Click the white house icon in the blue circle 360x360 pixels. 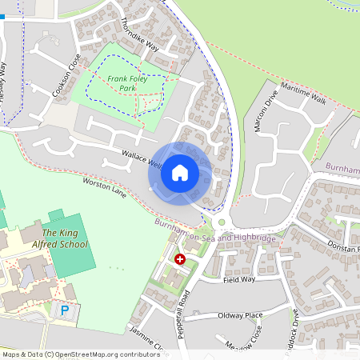tap(180, 172)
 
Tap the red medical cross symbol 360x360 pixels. tap(180, 259)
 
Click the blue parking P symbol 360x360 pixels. tap(64, 310)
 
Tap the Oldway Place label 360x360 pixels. tap(241, 315)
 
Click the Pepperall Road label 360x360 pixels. tap(183, 314)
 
